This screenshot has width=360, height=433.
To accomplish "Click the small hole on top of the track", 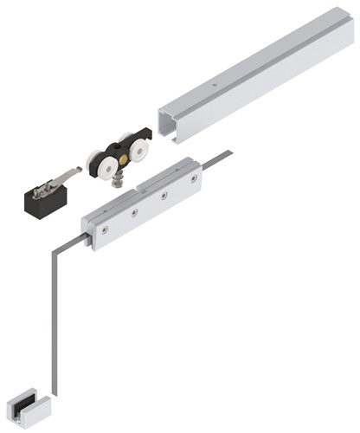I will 214,85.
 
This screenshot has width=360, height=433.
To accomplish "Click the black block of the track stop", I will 41,201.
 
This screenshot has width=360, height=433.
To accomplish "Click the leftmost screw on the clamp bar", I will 103,229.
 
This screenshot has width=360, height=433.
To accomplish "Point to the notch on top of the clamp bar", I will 144,183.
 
